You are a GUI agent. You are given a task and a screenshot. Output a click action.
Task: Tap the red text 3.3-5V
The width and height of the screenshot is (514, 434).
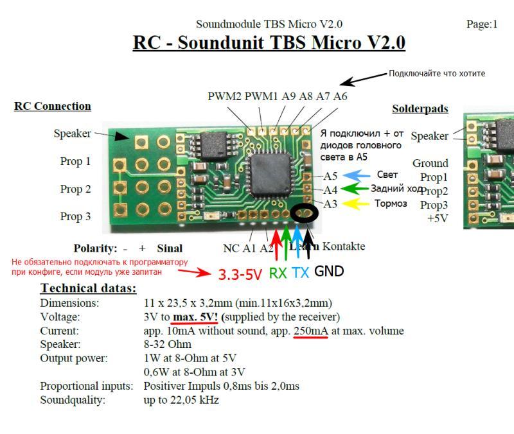pyautogui.click(x=240, y=274)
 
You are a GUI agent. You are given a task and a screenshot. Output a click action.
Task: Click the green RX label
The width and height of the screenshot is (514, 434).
pyautogui.click(x=278, y=273)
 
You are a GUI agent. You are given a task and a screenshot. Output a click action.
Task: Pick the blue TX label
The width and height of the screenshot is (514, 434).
pyautogui.click(x=300, y=272)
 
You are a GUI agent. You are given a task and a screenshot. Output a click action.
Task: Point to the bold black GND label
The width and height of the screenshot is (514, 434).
pyautogui.click(x=329, y=272)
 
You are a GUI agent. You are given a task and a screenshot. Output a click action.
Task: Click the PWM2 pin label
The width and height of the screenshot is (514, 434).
pyautogui.click(x=224, y=96)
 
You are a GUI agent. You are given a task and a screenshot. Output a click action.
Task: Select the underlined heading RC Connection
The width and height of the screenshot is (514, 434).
pyautogui.click(x=52, y=106)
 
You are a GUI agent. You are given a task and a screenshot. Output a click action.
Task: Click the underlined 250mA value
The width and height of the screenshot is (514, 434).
pyautogui.click(x=310, y=331)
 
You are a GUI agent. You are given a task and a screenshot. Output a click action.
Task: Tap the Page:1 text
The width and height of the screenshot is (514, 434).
pyautogui.click(x=482, y=24)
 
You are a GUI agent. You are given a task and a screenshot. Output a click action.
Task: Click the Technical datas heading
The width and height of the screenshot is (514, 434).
pyautogui.click(x=88, y=288)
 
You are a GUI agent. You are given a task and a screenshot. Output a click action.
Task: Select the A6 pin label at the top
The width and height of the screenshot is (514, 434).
pyautogui.click(x=340, y=96)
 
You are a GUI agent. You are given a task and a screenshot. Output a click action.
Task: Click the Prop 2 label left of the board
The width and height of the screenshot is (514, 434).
pyautogui.click(x=76, y=189)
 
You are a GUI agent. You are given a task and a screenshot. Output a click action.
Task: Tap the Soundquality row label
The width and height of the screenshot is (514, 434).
pyautogui.click(x=72, y=400)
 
